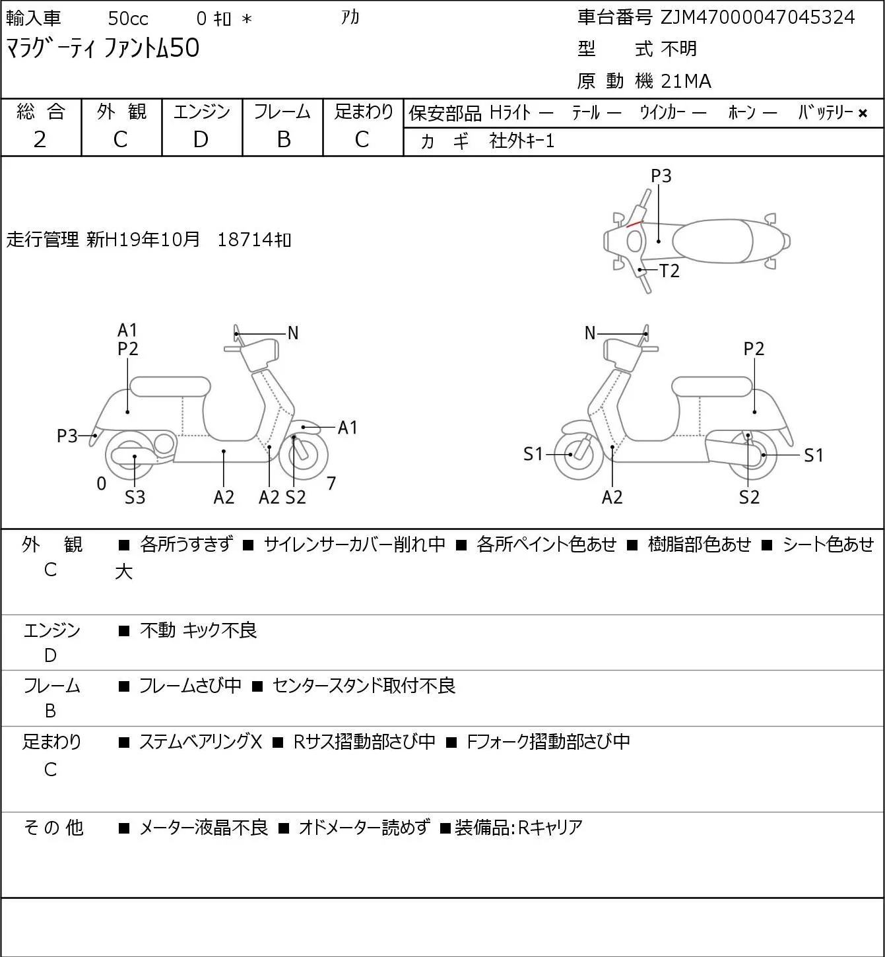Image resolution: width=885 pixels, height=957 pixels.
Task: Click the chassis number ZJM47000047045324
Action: click(757, 18)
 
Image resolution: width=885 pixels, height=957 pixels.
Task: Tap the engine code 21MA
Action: click(686, 81)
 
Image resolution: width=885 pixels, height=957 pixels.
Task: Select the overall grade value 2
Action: click(40, 139)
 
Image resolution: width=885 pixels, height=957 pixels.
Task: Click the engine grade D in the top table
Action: click(201, 139)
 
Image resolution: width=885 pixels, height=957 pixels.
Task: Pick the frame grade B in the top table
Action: click(283, 139)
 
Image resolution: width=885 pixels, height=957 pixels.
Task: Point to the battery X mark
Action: click(863, 114)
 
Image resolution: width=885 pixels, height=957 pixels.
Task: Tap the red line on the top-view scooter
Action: click(634, 224)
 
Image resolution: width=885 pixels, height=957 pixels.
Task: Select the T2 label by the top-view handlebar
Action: click(669, 271)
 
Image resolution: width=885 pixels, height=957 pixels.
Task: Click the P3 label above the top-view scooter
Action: click(661, 176)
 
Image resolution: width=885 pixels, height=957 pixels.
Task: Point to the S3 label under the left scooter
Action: click(135, 497)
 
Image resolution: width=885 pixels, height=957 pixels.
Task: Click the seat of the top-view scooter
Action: click(713, 241)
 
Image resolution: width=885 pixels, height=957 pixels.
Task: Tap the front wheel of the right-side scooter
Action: click(578, 455)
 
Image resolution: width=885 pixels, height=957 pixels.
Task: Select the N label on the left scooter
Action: click(292, 333)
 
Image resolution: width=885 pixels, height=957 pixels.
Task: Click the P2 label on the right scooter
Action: click(754, 348)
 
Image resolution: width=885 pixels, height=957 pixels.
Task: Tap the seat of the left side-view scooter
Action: click(170, 387)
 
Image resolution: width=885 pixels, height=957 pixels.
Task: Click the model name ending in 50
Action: click(102, 49)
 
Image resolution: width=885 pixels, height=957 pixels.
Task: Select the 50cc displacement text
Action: click(128, 18)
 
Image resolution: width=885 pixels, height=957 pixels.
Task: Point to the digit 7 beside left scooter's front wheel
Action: click(331, 483)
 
